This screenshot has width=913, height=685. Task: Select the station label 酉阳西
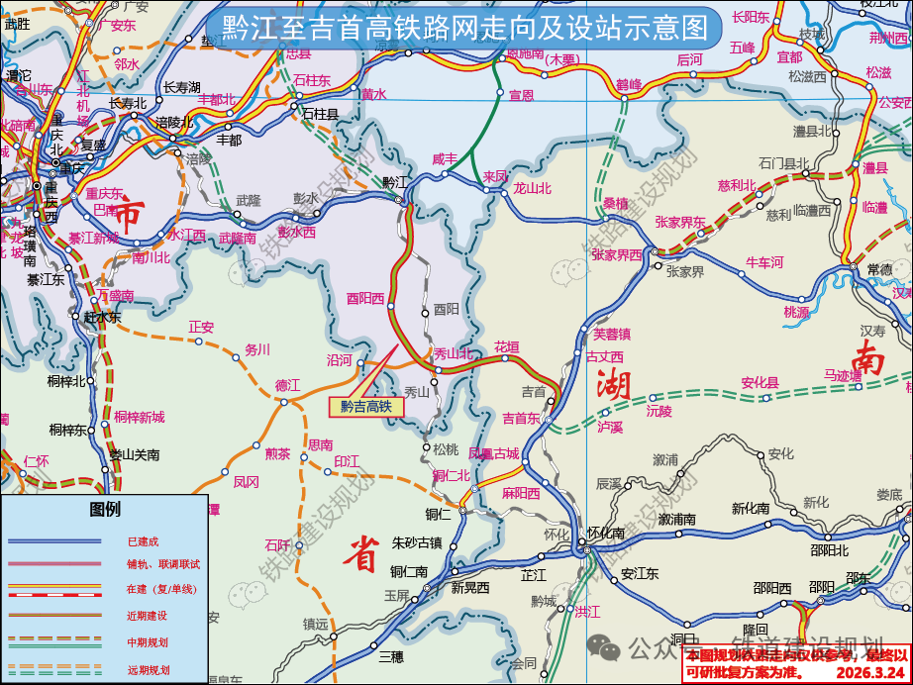365,298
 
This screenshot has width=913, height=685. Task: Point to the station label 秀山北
454,353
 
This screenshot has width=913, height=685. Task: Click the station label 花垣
507,347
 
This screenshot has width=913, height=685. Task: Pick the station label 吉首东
522,418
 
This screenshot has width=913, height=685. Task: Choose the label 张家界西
616,254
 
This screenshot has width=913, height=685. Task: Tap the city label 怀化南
605,533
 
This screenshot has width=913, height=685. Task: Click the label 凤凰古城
493,454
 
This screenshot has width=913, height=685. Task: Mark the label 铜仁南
408,571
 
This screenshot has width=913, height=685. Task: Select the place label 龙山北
532,187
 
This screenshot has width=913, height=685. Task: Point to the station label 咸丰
446,158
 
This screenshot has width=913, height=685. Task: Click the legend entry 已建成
143,541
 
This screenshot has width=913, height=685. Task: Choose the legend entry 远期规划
148,669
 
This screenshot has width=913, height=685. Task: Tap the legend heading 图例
104,510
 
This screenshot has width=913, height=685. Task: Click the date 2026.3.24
871,673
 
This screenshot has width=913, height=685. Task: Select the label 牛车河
764,262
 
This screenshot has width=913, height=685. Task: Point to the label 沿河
340,361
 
